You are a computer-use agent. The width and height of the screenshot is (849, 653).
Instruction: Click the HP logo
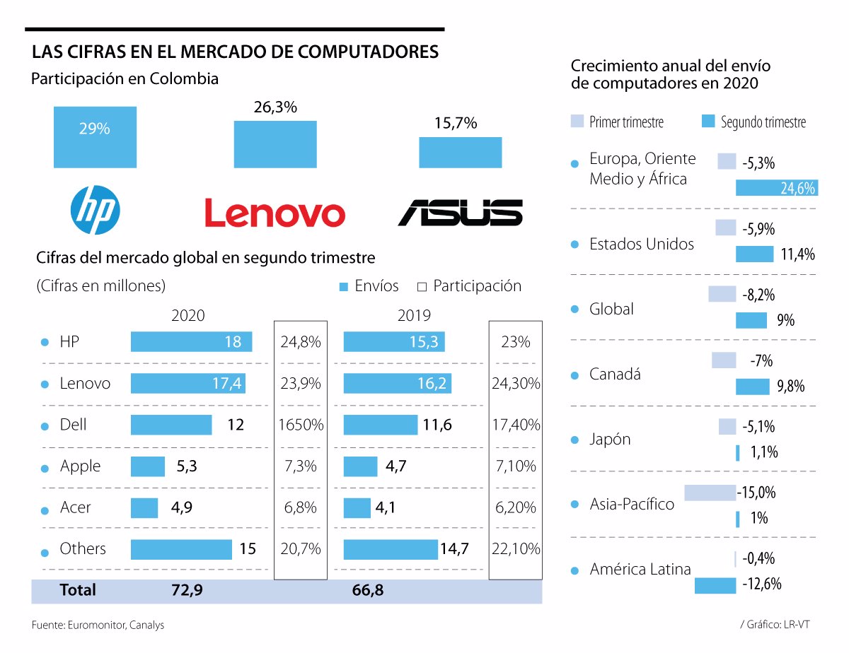96,211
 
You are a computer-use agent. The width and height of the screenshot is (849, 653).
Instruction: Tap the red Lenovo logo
275,213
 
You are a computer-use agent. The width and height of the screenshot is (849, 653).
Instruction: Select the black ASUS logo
460,213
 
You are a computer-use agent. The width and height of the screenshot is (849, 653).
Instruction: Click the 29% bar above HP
95,136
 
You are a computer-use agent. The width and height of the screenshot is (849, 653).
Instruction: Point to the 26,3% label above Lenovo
275,107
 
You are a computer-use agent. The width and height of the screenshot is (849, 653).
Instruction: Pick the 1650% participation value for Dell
300,425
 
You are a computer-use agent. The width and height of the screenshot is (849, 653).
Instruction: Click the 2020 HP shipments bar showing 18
191,342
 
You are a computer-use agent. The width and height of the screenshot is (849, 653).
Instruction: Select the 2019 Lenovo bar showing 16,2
397,384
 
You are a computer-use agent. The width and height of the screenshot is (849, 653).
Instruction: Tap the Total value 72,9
187,590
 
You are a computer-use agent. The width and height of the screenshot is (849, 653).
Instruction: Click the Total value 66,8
367,590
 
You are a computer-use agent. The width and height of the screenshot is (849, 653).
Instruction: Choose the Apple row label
80,466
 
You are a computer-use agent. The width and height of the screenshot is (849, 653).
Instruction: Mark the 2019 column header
414,315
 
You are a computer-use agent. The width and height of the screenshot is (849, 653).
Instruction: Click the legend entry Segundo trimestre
753,122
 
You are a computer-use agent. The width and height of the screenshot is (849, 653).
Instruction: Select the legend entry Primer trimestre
618,122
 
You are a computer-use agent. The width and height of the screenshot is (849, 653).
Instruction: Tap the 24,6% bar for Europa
776,188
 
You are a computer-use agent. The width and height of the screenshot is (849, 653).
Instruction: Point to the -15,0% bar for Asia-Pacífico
710,493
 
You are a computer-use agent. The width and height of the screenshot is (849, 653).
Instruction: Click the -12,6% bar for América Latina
715,585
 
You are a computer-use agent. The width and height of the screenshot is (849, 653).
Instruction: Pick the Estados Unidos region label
642,245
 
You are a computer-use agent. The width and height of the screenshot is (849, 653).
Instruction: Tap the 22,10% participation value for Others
515,549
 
